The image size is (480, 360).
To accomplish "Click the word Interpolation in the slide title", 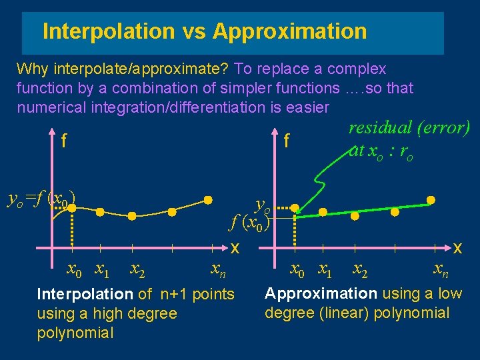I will [107, 31].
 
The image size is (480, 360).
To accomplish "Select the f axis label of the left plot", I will [64, 141].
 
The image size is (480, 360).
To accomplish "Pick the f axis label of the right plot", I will [286, 141].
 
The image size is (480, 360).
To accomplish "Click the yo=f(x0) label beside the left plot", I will [40, 197].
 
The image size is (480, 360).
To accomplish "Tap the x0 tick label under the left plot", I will [74, 270].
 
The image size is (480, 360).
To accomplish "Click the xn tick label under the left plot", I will [218, 270].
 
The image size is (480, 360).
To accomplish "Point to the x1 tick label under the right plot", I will [327, 270].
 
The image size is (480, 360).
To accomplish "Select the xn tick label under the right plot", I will [441, 270].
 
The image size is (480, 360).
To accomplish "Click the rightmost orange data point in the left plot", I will [209, 199].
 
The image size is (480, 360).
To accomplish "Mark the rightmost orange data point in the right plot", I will [431, 199].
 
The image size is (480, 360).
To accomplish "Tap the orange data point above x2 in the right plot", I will [355, 216].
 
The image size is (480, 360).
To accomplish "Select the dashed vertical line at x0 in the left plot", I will [71, 230].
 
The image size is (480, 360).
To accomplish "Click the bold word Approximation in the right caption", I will [321, 293].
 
